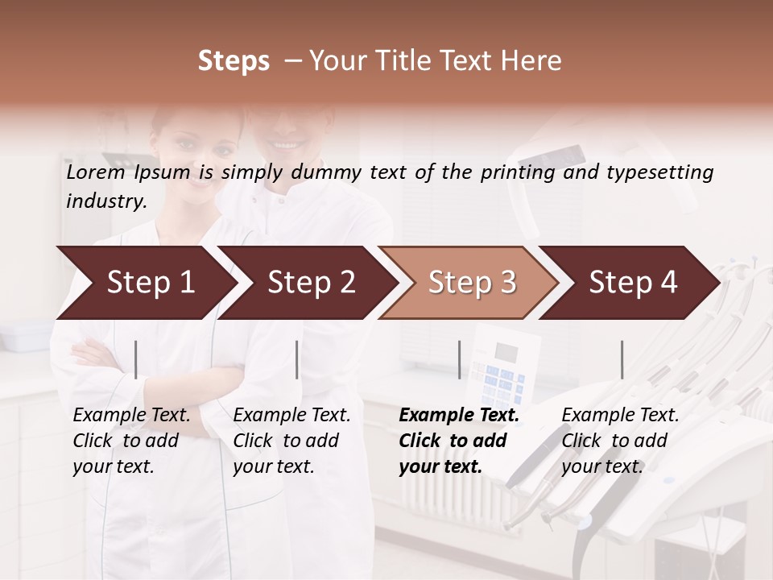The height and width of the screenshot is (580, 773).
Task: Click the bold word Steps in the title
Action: pos(234,61)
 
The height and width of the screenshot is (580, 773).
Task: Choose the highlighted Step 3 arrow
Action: pos(472,283)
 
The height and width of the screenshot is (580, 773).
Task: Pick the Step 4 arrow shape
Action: pos(633,283)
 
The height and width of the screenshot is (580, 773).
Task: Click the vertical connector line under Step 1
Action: pos(136,359)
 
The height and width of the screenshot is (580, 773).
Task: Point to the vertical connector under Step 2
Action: pos(297,359)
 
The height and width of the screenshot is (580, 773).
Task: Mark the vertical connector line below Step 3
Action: pos(459,359)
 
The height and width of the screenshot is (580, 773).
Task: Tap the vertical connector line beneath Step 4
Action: pos(622,359)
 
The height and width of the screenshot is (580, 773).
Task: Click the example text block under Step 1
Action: pos(131,441)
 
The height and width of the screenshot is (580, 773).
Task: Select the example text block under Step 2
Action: pos(291,441)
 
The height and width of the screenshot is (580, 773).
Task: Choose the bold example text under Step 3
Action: pos(459,441)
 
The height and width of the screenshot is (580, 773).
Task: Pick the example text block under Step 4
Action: pos(620,441)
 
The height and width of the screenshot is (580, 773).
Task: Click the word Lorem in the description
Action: pos(96,172)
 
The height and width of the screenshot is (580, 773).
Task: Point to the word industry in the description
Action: pos(106,201)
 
